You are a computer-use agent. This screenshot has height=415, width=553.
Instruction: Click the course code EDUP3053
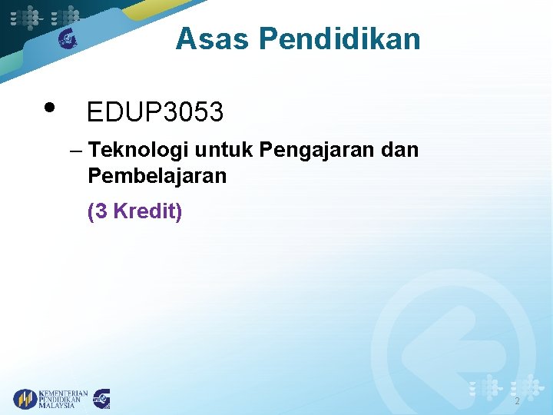(x=155, y=113)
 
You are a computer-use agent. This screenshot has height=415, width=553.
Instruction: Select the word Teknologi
(x=134, y=150)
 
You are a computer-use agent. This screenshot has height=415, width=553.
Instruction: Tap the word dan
(x=400, y=150)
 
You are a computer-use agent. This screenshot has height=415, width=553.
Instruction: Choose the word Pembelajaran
(x=157, y=176)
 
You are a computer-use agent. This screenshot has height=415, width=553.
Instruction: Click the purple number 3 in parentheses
(x=101, y=211)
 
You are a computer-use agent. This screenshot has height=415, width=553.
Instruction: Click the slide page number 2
(x=517, y=401)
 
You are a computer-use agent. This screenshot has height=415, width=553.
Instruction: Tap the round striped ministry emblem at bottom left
(x=25, y=399)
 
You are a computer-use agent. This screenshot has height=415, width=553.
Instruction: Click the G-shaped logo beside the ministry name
(x=102, y=399)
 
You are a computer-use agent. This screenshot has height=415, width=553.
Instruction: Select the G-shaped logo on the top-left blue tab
(x=68, y=38)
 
